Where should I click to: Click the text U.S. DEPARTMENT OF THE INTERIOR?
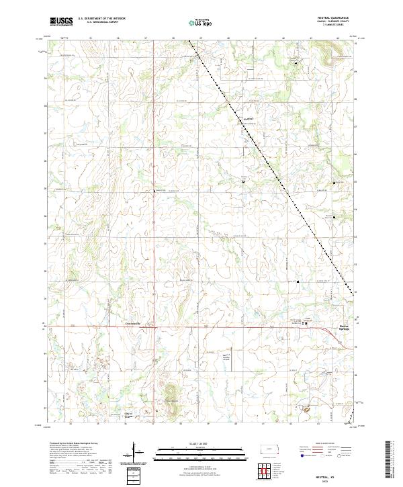click(x=101, y=19)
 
